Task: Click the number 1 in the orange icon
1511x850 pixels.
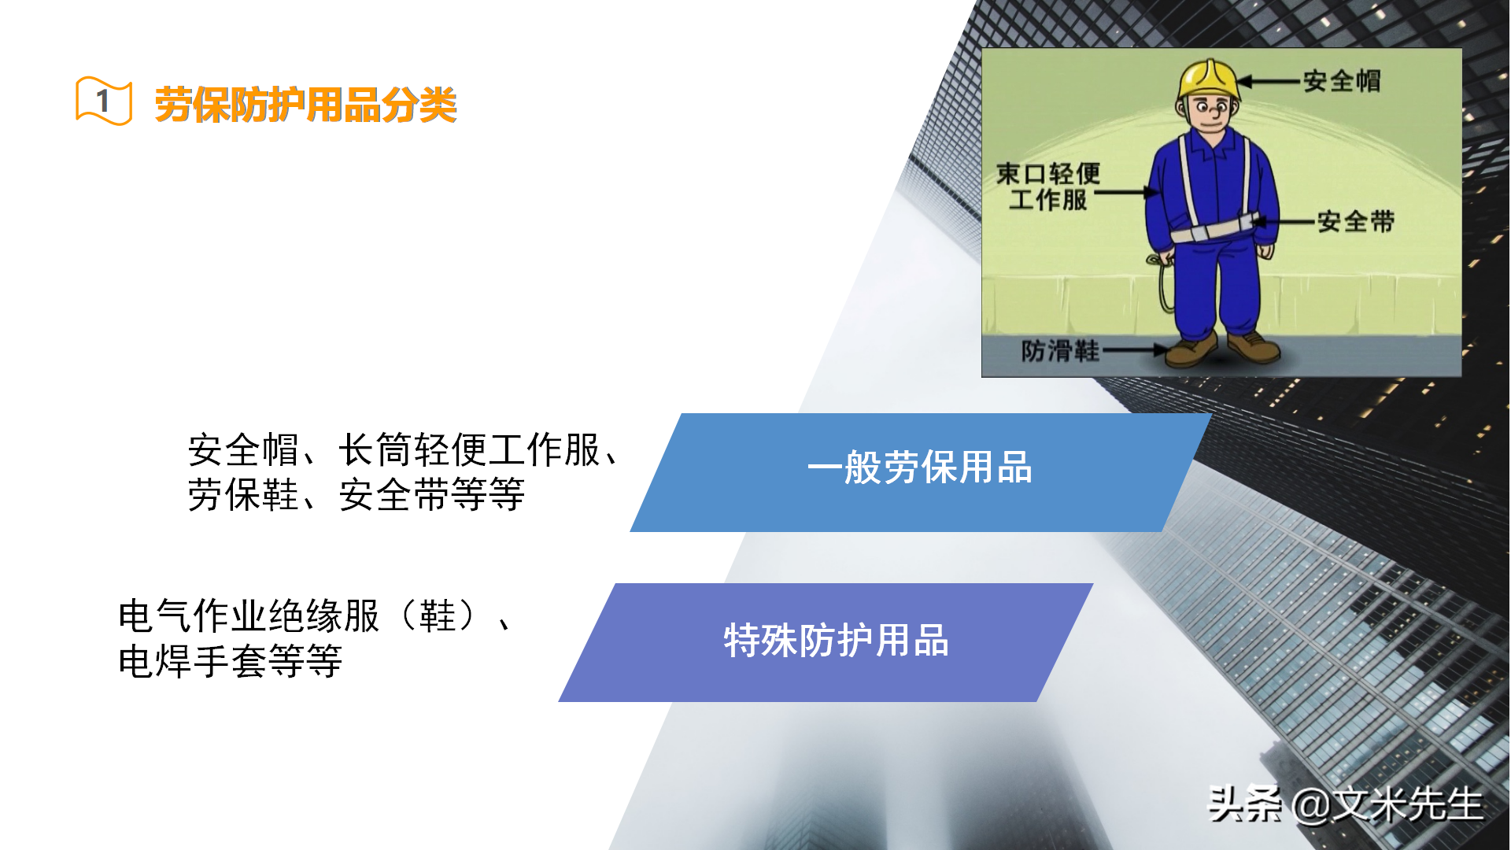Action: [x=103, y=101]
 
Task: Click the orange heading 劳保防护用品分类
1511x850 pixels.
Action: [x=305, y=105]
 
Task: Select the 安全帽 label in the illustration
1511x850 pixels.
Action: [x=1342, y=80]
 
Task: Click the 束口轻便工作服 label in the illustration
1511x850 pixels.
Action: [x=1048, y=187]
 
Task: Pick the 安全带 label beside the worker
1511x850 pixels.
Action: [x=1355, y=221]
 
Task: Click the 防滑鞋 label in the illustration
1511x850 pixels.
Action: [x=1060, y=350]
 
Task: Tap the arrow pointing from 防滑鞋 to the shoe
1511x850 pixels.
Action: [x=1133, y=350]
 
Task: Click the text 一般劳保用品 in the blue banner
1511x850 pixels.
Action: [x=919, y=468]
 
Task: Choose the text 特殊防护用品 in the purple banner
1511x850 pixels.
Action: [x=836, y=641]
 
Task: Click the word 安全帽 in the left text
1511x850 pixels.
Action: [x=243, y=450]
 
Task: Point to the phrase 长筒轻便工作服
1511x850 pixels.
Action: [x=470, y=450]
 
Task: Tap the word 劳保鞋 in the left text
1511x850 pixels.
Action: [x=243, y=496]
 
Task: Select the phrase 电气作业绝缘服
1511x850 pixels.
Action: [x=249, y=616]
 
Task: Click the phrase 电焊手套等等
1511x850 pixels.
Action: [x=230, y=661]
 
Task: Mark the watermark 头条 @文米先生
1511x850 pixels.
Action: [x=1345, y=804]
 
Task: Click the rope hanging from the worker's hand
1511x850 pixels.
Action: [x=1162, y=287]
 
